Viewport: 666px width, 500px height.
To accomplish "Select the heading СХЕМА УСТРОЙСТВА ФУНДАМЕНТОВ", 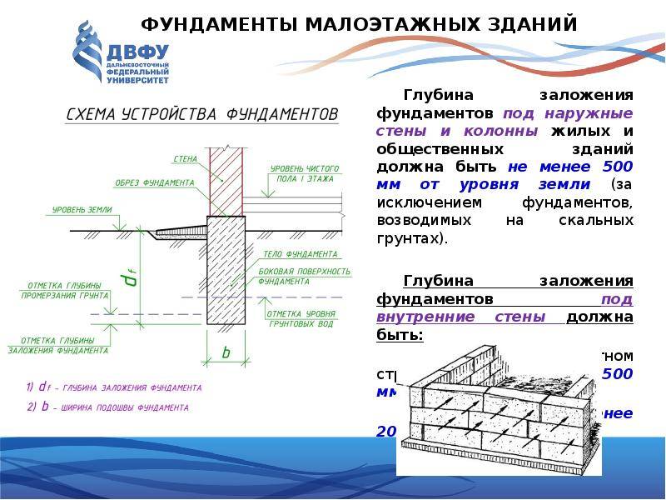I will point(201,113).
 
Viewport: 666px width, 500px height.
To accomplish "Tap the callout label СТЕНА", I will point(185,158).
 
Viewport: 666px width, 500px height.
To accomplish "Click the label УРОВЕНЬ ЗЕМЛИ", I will point(82,209).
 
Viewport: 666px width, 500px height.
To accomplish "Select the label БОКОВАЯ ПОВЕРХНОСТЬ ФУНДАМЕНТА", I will point(303,277).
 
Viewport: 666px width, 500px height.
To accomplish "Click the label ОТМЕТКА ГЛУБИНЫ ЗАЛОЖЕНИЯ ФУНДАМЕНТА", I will point(58,346).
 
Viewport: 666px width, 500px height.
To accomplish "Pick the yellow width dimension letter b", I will point(225,352).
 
